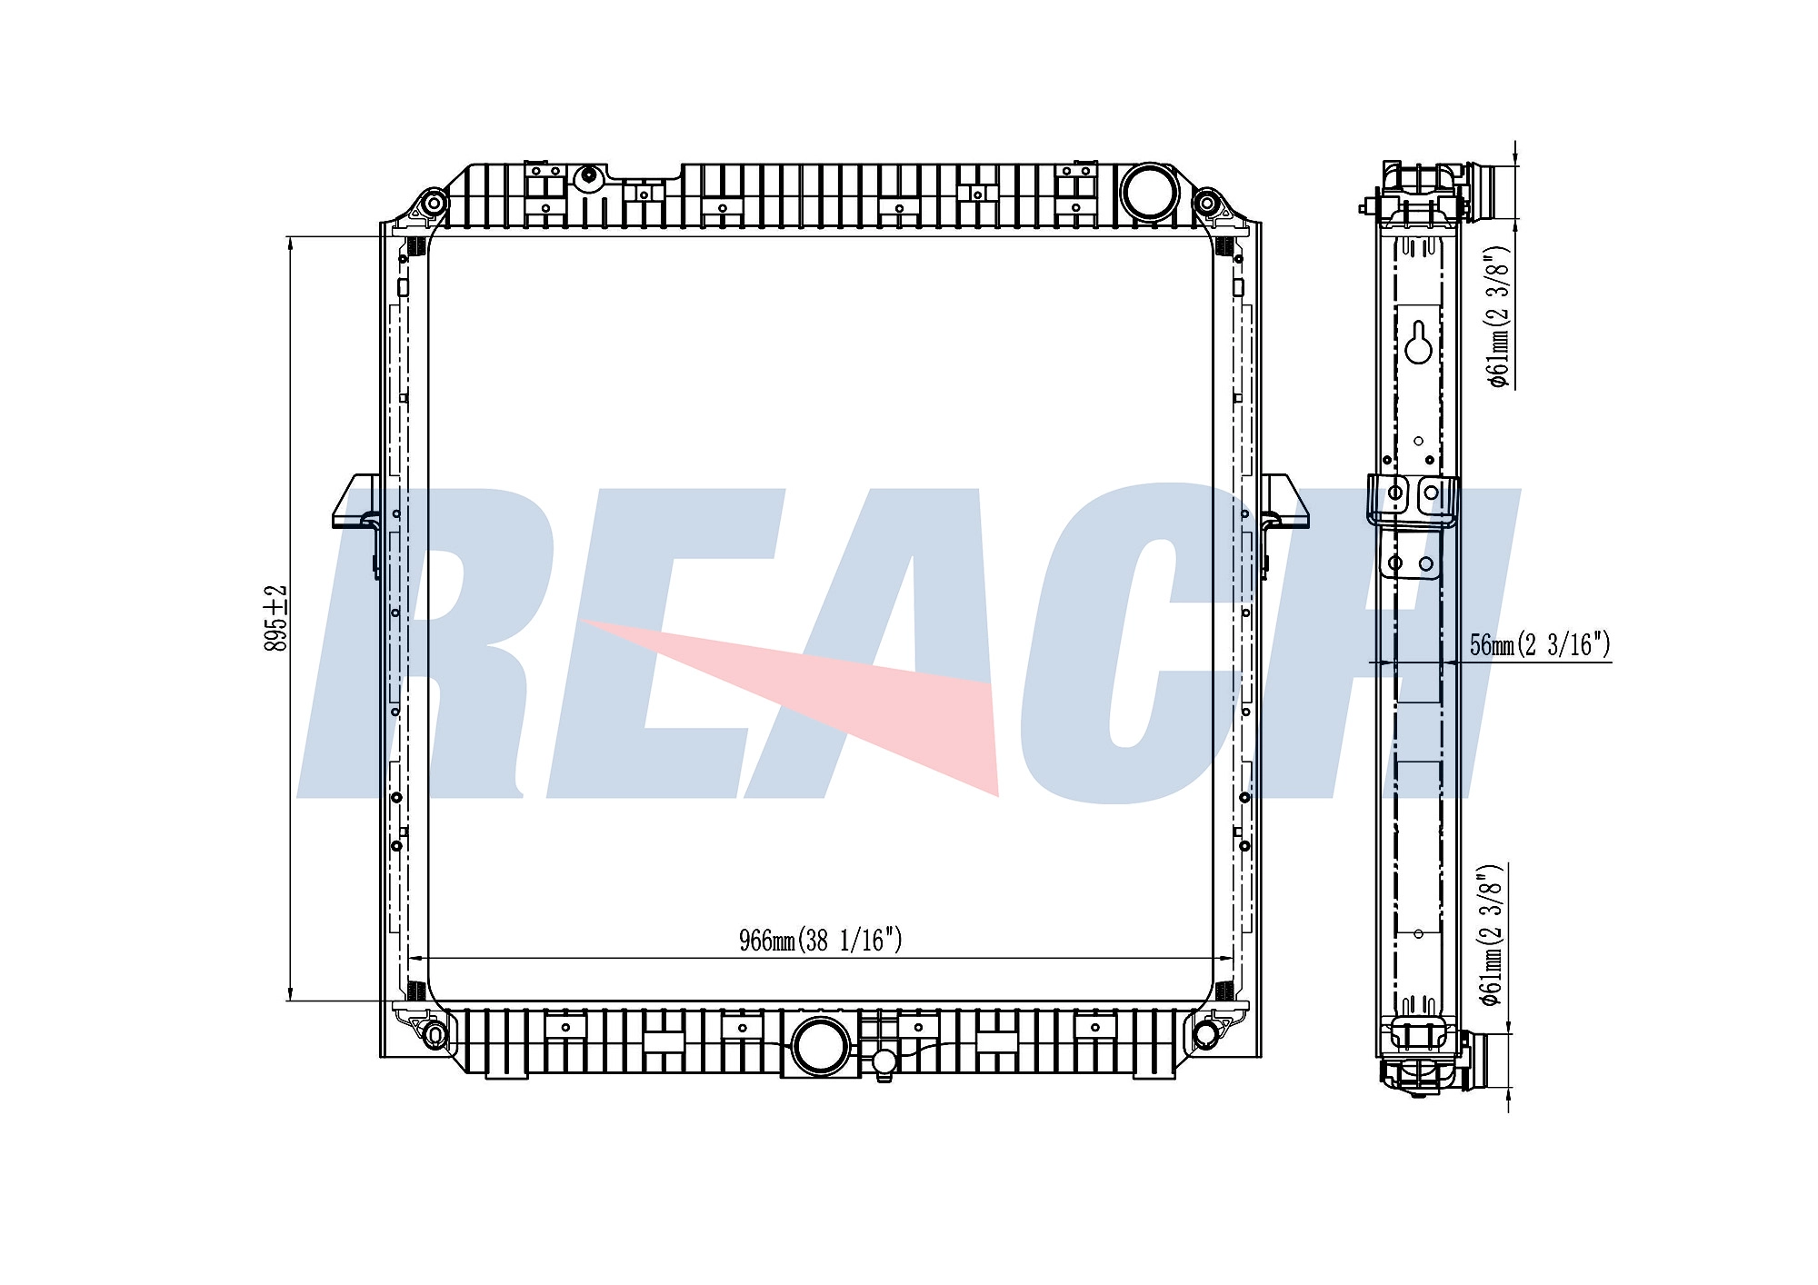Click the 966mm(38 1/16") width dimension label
(x=820, y=940)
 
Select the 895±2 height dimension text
(x=275, y=618)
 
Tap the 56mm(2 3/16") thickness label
(x=1540, y=644)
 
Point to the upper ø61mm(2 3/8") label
(x=1498, y=318)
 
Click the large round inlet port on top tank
(x=1149, y=191)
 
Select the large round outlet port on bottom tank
(x=821, y=1045)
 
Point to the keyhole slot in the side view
(x=1419, y=342)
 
